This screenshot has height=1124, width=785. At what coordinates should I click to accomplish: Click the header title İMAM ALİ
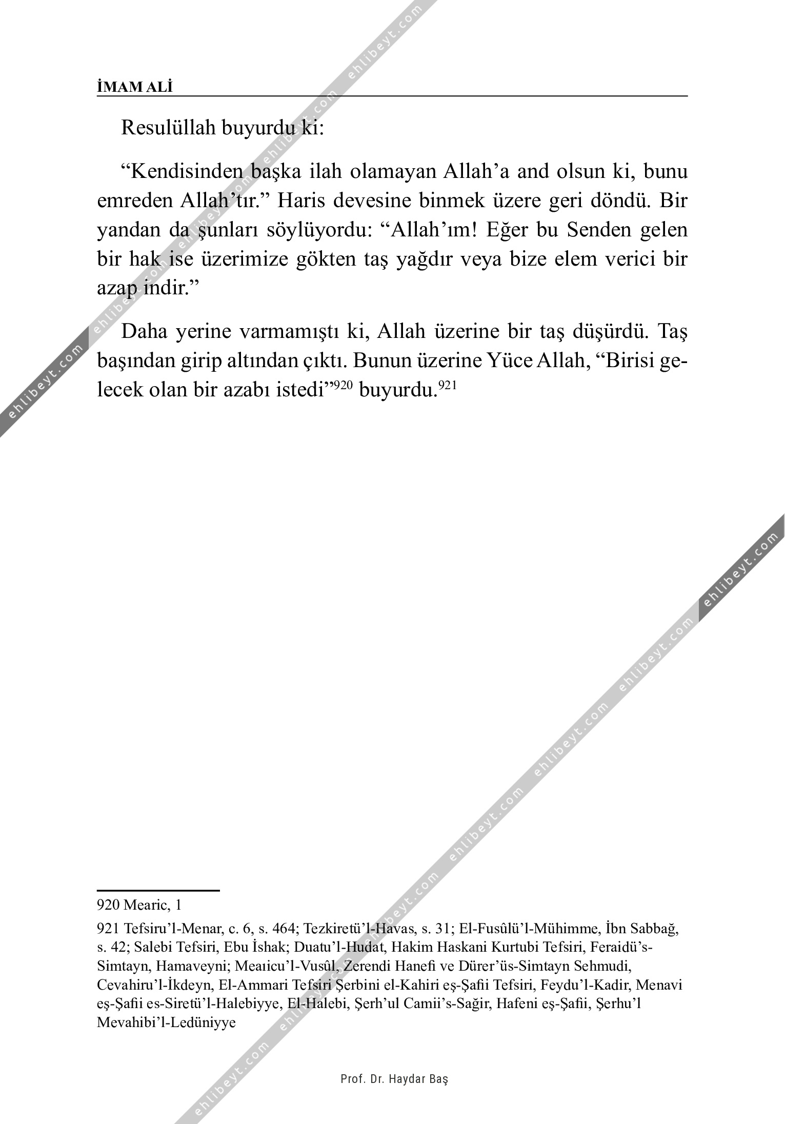click(135, 87)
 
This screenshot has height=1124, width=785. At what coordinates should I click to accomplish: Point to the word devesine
click(373, 200)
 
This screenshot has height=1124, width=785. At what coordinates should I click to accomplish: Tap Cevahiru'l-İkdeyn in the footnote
click(154, 985)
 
